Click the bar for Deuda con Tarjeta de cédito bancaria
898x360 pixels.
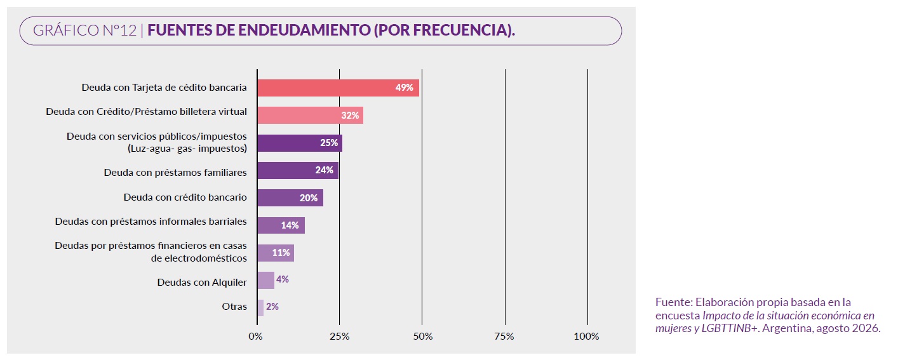pos(338,88)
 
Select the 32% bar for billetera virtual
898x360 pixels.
pos(311,115)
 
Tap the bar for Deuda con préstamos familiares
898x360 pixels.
pos(298,170)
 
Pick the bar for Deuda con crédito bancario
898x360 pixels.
pos(290,197)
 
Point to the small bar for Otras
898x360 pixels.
pos(260,307)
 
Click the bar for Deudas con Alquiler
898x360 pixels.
pos(266,280)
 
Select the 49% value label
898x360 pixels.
pos(404,88)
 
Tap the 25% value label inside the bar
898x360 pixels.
pos(329,143)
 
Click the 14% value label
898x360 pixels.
pos(290,225)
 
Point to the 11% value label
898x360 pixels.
pos(281,253)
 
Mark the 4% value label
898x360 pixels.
pos(282,279)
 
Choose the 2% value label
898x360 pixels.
pos(272,307)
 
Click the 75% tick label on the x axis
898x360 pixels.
pos(504,337)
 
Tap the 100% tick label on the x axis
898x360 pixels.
pos(586,337)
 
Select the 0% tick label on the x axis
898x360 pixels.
pos(255,337)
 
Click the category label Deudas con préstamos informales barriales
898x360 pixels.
pos(151,222)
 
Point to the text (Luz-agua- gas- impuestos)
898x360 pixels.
pos(187,149)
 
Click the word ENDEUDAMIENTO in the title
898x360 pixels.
pos(304,30)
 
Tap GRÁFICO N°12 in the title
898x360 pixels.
pos(84,30)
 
